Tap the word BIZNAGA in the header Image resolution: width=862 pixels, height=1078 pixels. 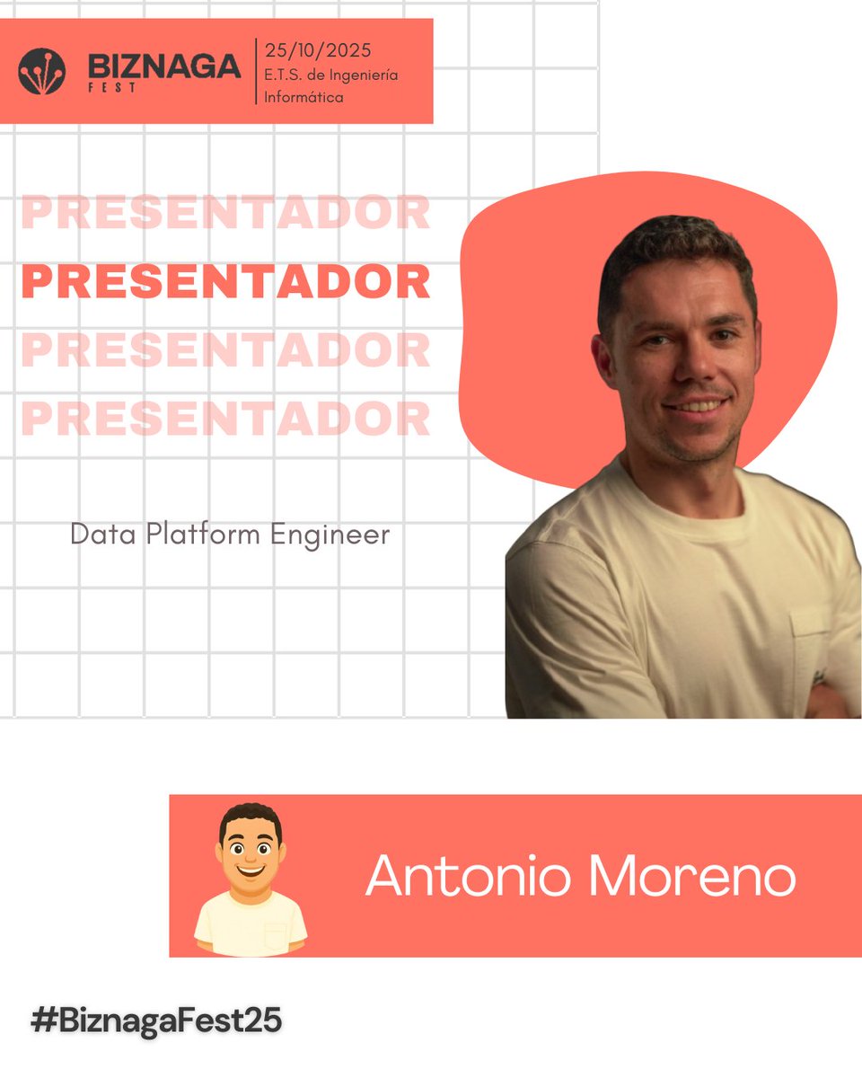164,66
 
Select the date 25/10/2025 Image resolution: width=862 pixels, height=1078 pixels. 318,50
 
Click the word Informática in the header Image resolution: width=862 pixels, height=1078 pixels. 303,97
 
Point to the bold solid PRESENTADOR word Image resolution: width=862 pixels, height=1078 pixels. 225,282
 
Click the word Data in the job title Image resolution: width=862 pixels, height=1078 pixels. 94,535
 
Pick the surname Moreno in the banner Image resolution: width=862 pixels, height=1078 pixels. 690,875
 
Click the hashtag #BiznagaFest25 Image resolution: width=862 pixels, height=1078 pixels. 156,1021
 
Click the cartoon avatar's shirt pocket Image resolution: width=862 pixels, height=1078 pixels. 276,934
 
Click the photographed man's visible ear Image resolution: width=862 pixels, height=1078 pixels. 603,359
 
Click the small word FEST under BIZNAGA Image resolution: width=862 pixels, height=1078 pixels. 112,90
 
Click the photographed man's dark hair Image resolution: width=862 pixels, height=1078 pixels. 673,247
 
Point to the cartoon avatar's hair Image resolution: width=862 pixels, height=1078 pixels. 251,816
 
